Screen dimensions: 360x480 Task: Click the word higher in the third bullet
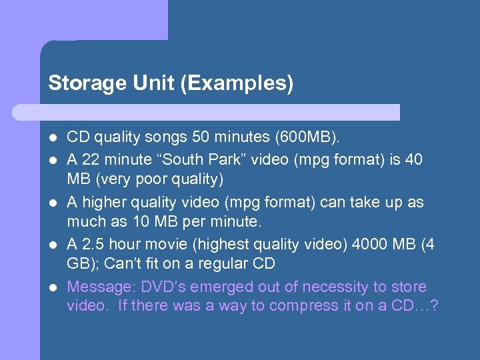coord(104,202)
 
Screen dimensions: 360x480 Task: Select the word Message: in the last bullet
coord(97,287)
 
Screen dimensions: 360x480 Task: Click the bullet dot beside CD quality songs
coord(53,138)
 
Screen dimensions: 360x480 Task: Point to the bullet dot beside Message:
coord(53,287)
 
